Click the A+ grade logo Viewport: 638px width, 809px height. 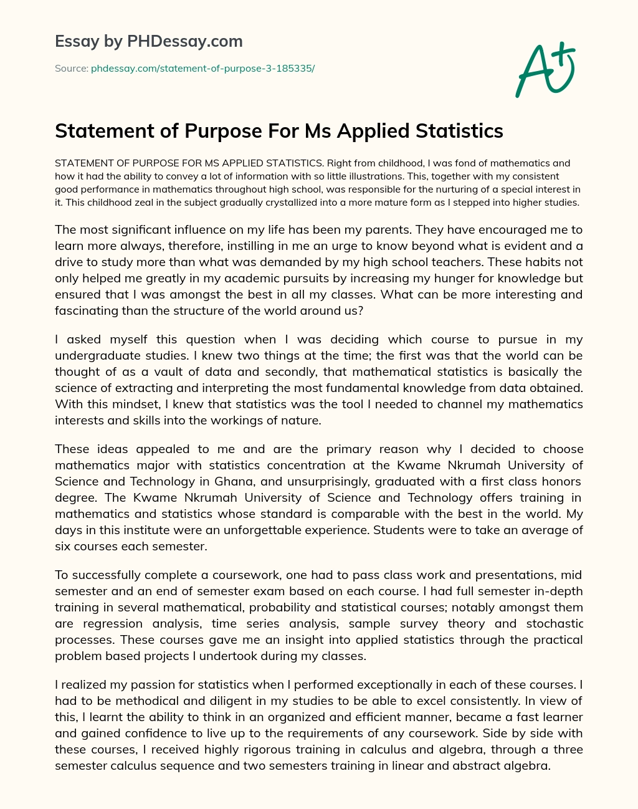(545, 69)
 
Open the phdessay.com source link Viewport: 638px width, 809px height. (202, 69)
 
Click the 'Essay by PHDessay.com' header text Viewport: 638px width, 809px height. (148, 42)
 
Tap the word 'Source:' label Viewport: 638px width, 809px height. (72, 69)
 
